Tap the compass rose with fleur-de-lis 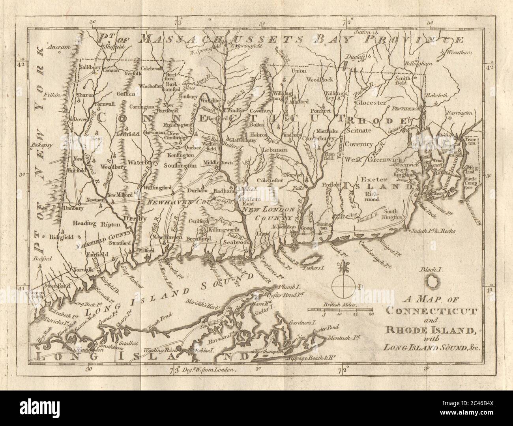pos(340,284)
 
